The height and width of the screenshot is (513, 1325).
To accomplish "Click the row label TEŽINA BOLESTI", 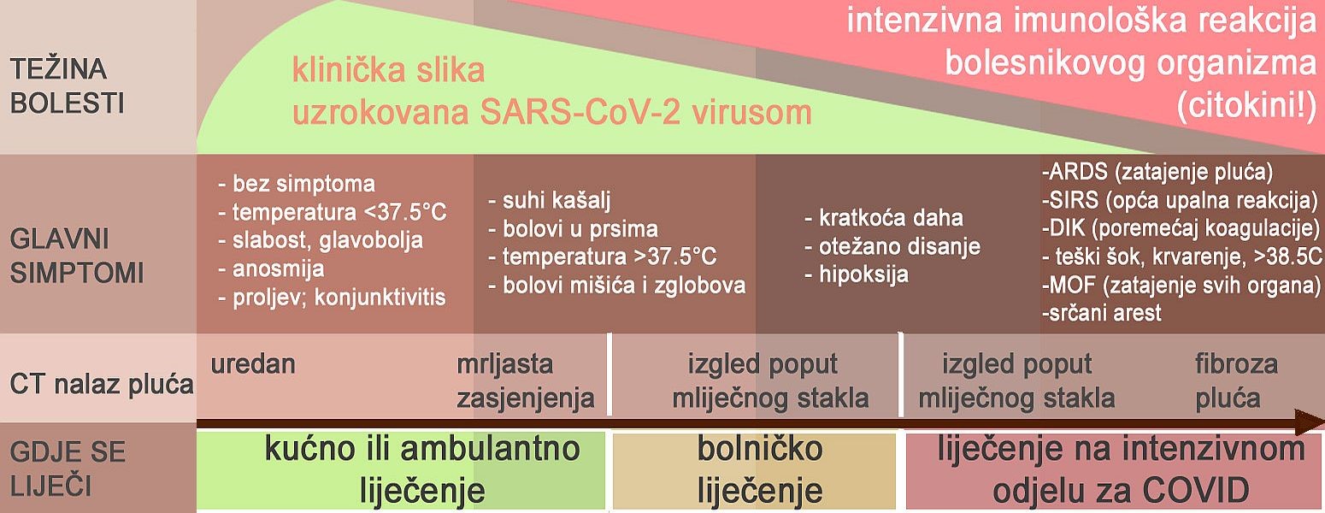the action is [x=68, y=86].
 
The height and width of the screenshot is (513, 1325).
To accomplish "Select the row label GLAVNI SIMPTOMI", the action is [x=77, y=256].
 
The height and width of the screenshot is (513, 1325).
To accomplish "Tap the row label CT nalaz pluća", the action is [x=102, y=384].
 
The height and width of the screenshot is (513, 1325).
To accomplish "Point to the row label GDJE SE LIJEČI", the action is [x=68, y=469].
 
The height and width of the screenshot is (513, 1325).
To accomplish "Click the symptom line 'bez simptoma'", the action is [x=297, y=184].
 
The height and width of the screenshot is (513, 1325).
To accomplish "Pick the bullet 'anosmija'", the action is [x=272, y=268].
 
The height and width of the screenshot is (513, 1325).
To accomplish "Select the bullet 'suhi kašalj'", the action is [x=550, y=201].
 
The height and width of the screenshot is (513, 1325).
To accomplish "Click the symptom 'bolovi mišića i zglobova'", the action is [x=617, y=286].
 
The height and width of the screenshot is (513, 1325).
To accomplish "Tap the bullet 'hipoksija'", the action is [x=857, y=274].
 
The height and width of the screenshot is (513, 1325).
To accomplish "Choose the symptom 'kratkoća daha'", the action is [x=884, y=218].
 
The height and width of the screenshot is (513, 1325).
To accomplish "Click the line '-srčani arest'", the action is [x=1101, y=312].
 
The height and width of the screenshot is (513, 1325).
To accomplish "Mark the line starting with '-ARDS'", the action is [x=1157, y=172].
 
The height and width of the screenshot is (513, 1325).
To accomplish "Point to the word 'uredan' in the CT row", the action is [x=252, y=364].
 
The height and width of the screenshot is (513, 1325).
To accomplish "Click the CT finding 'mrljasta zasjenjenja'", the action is [x=525, y=381].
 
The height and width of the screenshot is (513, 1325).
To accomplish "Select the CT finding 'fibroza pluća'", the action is [x=1236, y=381].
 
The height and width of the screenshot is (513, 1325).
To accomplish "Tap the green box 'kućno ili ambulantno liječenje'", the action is [x=401, y=471].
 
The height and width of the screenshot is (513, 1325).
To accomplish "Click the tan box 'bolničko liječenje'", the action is [x=754, y=471].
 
